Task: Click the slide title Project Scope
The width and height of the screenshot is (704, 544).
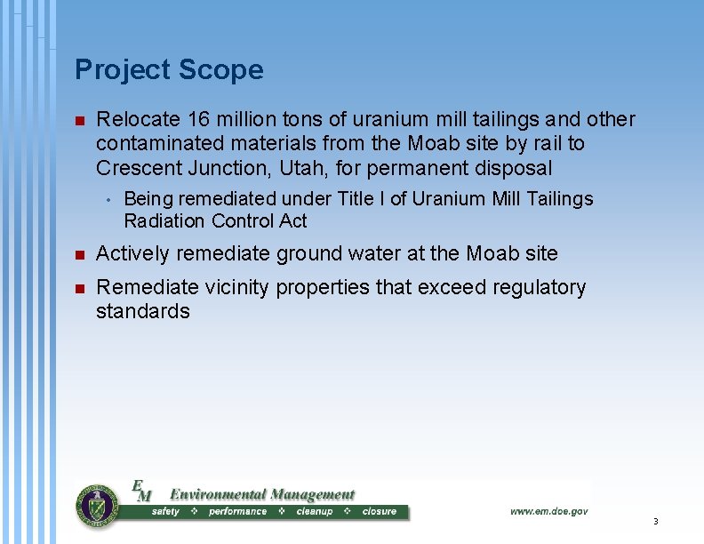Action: [169, 70]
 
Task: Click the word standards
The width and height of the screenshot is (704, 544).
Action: [142, 312]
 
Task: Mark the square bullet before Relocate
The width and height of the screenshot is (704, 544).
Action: [79, 120]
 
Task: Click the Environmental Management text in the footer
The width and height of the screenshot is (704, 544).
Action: [261, 494]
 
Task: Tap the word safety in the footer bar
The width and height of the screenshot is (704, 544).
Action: [165, 512]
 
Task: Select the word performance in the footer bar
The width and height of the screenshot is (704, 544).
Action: [237, 512]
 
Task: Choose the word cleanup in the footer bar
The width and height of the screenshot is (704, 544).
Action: [314, 512]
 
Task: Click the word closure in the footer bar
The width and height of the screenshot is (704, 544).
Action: [380, 512]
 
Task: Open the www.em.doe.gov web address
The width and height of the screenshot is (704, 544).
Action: [548, 511]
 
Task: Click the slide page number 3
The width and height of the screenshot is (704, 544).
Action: [654, 522]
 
